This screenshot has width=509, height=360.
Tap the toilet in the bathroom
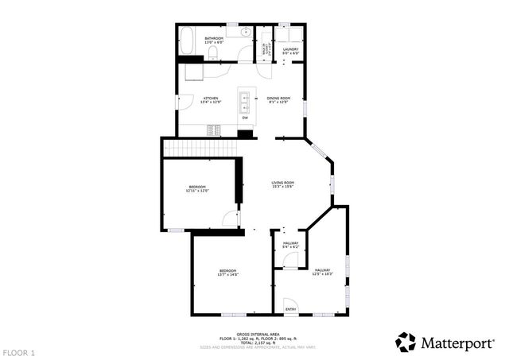pyautogui.click(x=213, y=52)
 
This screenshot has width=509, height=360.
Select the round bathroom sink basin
pyautogui.click(x=247, y=32)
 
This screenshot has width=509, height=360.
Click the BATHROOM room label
pyautogui.click(x=214, y=40)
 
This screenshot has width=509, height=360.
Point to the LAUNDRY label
pyautogui.click(x=289, y=52)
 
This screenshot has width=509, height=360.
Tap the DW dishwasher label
pyautogui.click(x=245, y=118)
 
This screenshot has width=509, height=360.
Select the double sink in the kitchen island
pyautogui.click(x=245, y=100)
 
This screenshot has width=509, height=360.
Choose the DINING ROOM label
pyautogui.click(x=278, y=100)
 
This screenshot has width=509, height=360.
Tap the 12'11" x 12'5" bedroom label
pyautogui.click(x=197, y=188)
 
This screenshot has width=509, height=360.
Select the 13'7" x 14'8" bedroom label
pyautogui.click(x=228, y=273)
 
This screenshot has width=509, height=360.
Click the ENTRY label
pyautogui.click(x=290, y=309)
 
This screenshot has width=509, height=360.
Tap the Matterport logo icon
pyautogui.click(x=406, y=342)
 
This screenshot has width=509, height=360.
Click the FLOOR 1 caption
pyautogui.click(x=19, y=352)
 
